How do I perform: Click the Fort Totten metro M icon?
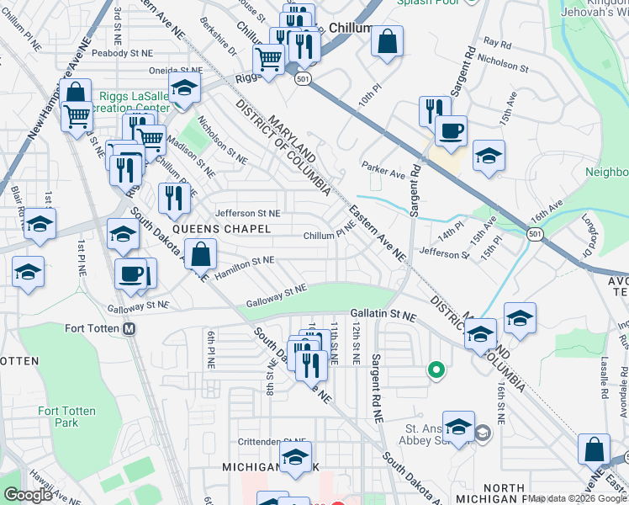tap(129, 329)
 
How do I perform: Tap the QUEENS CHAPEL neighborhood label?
tap(222, 229)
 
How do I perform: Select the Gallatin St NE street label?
tap(383, 313)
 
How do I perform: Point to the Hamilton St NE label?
tap(244, 262)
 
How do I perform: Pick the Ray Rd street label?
tap(497, 42)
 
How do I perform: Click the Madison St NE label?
tap(190, 157)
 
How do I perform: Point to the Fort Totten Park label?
tap(66, 417)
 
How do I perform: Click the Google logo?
tap(28, 494)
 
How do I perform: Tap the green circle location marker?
tap(436, 369)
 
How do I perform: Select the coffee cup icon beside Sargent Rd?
tap(451, 131)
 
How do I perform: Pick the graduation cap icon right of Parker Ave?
tap(489, 156)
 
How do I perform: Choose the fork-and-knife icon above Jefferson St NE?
tap(174, 198)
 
